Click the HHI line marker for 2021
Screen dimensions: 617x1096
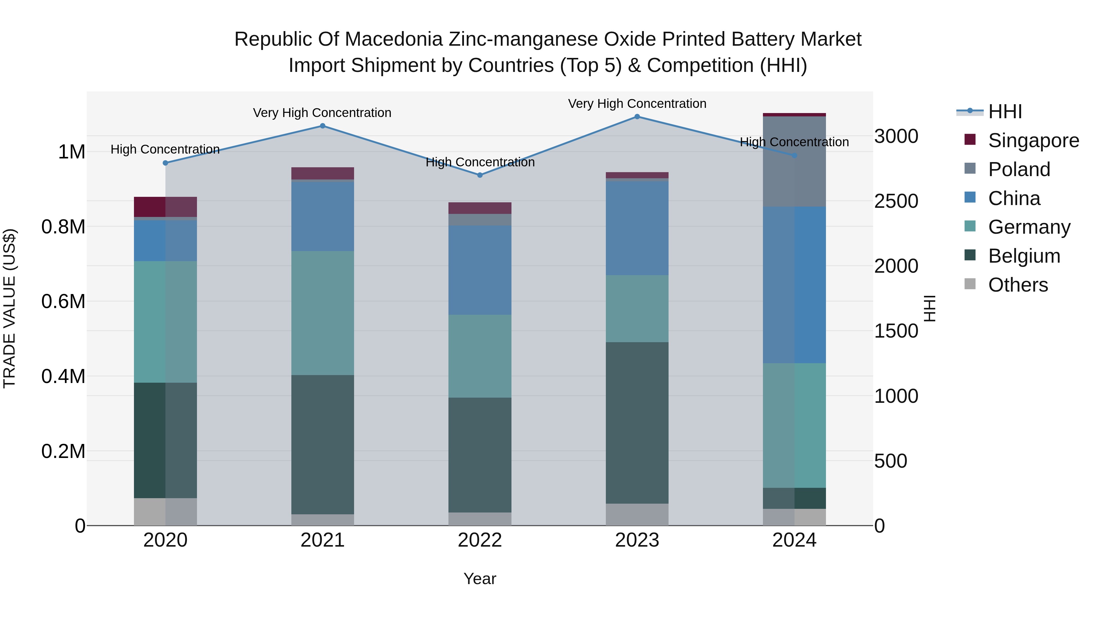click(322, 126)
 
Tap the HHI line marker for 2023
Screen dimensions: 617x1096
click(637, 117)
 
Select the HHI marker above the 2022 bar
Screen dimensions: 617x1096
click(480, 175)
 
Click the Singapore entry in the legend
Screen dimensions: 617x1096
click(1033, 140)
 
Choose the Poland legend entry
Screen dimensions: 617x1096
click(1019, 169)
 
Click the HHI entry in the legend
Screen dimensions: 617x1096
click(1005, 112)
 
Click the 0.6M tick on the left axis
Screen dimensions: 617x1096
click(63, 301)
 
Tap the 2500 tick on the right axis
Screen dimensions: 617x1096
click(896, 201)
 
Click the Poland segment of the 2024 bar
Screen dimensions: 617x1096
click(794, 162)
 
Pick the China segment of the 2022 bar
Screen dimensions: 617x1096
click(480, 270)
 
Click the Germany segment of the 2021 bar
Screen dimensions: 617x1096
click(322, 313)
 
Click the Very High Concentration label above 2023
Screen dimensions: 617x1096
click(637, 104)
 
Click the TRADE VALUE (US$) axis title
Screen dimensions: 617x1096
click(9, 309)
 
